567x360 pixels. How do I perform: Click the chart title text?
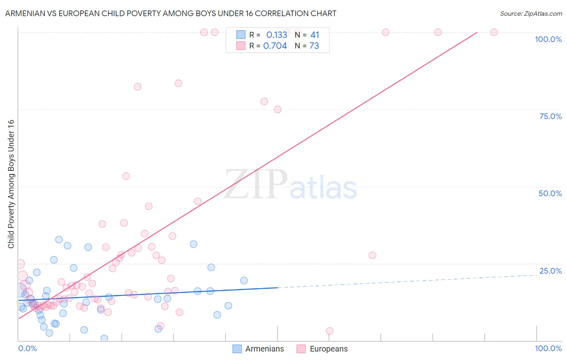171,13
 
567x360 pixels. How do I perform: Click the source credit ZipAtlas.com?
531,13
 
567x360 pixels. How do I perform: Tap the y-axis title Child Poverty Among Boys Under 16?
11,184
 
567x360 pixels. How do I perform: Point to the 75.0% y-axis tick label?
550,116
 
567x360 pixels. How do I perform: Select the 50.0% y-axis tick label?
550,193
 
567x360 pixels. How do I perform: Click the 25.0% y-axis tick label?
550,271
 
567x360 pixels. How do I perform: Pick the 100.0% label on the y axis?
548,39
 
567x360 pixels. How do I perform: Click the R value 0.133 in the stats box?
277,35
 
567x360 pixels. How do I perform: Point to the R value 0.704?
275,46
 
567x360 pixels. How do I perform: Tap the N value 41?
315,35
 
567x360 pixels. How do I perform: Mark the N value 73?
314,46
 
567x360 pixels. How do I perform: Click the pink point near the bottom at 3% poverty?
329,331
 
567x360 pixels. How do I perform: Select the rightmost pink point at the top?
494,32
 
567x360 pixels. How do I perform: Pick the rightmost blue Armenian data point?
244,280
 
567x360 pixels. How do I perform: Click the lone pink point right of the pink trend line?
372,255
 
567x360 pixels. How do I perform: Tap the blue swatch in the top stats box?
241,35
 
